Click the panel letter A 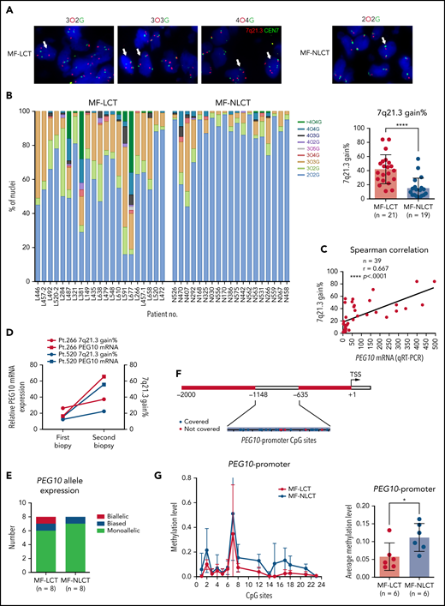(7, 7)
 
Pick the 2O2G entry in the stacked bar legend (309, 198)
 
